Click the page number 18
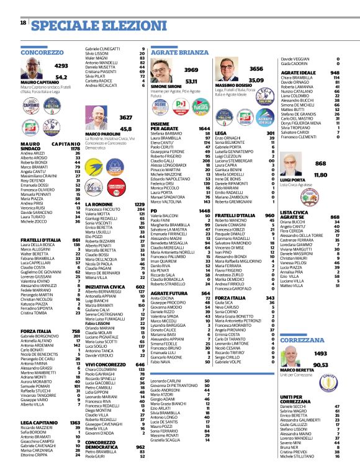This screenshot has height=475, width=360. click(x=23, y=23)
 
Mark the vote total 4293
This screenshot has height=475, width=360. click(x=61, y=65)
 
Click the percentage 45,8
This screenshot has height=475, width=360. click(x=126, y=129)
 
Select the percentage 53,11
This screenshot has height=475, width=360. click(x=191, y=81)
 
